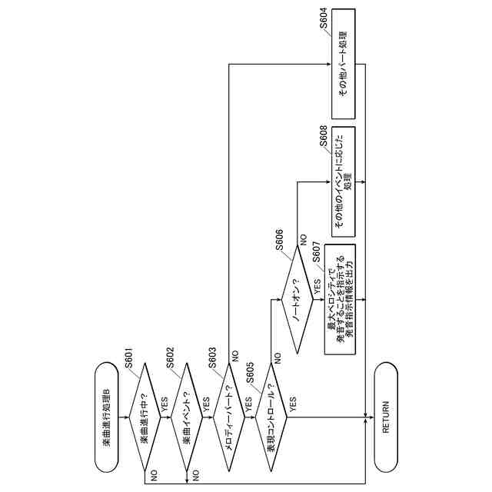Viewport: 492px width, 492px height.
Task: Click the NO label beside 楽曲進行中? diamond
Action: [x=155, y=476]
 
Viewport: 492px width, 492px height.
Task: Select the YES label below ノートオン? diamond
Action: [x=317, y=291]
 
